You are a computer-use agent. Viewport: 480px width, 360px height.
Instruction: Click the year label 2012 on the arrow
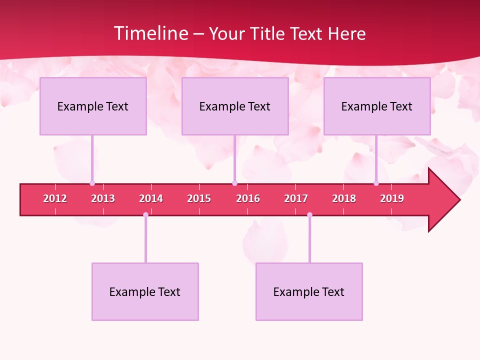[x=55, y=198]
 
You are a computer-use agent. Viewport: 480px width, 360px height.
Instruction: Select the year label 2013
[x=103, y=198]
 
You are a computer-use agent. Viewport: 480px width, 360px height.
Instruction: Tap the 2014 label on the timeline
[x=151, y=198]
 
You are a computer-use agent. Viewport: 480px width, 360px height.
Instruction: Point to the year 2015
[x=199, y=198]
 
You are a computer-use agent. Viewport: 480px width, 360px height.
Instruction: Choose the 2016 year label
[x=248, y=198]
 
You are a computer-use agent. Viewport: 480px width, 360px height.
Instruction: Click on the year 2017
[x=296, y=198]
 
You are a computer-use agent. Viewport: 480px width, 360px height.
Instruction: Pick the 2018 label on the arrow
[x=344, y=198]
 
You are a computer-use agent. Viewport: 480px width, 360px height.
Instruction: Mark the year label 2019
[x=392, y=198]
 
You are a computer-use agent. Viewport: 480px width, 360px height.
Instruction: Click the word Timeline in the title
[x=150, y=33]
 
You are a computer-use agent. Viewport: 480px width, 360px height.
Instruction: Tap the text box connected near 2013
[x=93, y=106]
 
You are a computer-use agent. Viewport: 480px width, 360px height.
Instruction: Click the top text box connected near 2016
[x=235, y=106]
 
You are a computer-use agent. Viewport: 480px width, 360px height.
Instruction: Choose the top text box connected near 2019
[x=377, y=106]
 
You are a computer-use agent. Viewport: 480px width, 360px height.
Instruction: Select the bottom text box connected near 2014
[x=145, y=291]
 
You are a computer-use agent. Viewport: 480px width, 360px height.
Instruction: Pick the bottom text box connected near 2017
[x=309, y=291]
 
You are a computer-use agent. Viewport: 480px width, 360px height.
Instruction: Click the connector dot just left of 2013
[x=92, y=183]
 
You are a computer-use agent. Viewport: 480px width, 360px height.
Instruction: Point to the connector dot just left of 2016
[x=234, y=183]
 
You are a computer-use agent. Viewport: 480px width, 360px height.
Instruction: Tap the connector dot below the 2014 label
[x=145, y=214]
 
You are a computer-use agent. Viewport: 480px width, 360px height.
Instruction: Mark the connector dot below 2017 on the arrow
[x=309, y=214]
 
